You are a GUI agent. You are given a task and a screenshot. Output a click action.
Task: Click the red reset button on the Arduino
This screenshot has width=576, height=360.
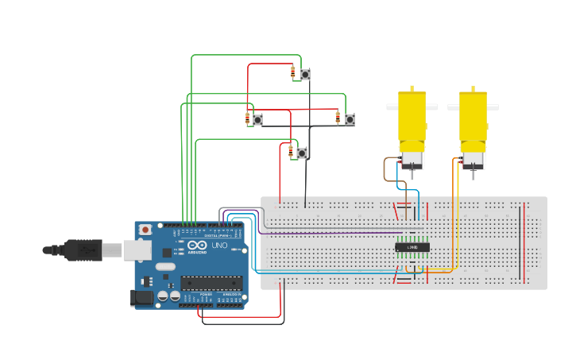145,230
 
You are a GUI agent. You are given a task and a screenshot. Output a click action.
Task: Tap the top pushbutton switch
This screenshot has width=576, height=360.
305,74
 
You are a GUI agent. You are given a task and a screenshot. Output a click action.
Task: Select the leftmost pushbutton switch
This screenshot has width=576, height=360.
257,119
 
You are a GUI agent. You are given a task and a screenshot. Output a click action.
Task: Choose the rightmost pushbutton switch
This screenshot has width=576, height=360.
350,119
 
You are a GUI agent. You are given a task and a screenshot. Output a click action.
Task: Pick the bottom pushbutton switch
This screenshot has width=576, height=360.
302,153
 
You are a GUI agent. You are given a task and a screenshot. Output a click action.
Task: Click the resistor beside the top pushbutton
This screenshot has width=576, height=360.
293,73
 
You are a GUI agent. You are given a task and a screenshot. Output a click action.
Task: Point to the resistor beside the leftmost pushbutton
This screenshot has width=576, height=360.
247,119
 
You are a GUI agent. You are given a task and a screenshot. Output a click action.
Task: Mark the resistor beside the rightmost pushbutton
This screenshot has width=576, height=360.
338,118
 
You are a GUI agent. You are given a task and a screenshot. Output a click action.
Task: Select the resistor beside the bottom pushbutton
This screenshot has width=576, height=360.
291,152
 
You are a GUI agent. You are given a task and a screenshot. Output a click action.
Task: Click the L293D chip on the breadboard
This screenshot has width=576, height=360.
412,248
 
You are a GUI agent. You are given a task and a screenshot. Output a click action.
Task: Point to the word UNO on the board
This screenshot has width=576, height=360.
219,246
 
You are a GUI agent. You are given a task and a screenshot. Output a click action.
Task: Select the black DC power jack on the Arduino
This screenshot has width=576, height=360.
141,298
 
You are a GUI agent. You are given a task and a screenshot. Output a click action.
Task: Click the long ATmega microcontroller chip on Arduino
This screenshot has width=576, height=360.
211,281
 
